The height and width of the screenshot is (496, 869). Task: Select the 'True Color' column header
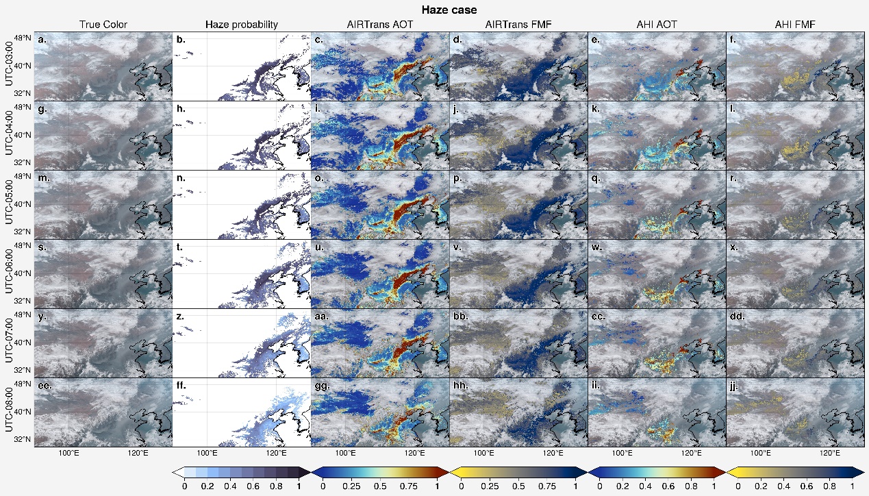pos(103,25)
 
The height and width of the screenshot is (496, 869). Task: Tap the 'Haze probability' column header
pos(241,25)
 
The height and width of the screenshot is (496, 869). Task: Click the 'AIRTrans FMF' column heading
pos(518,25)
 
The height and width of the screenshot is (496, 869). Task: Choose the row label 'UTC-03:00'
pos(10,66)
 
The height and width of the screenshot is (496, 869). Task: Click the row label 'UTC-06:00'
pos(10,273)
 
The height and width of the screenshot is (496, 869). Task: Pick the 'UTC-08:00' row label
pos(10,412)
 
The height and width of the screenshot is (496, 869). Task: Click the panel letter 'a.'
pos(42,40)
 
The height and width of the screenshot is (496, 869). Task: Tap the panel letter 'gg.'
pos(322,385)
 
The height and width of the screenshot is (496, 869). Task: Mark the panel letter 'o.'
pos(320,178)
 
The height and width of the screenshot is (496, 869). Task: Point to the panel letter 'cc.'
pos(598,317)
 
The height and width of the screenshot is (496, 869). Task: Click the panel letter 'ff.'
pos(181,385)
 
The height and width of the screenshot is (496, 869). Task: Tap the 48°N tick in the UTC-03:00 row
pos(23,37)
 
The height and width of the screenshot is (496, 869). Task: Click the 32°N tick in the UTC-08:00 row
pos(23,439)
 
